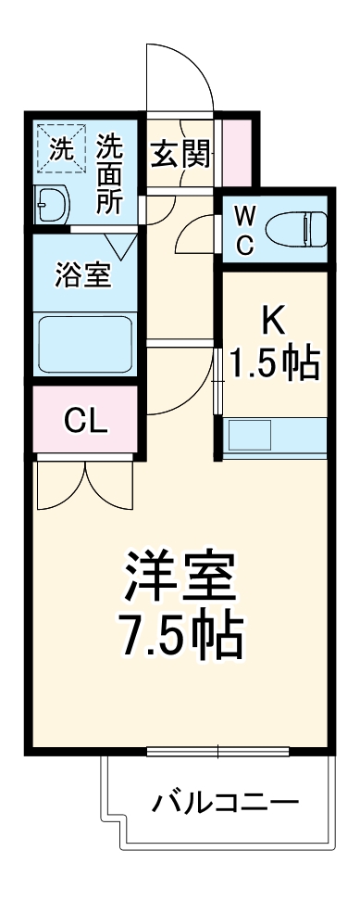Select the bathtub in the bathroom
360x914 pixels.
tap(83, 344)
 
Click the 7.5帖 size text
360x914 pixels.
tap(181, 635)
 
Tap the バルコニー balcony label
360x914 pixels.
tap(226, 800)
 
